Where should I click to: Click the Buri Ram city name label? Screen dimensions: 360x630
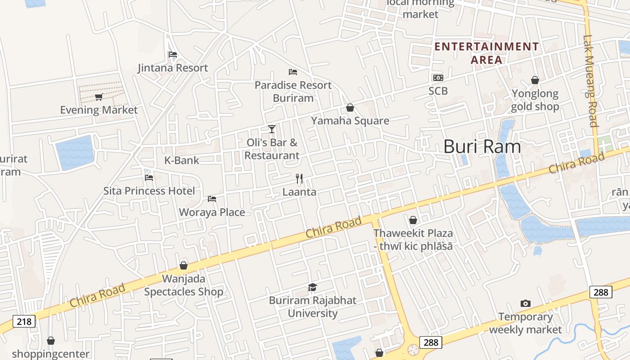click(482, 147)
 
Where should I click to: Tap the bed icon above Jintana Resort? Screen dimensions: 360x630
click(172, 55)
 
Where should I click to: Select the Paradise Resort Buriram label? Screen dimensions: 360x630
click(293, 91)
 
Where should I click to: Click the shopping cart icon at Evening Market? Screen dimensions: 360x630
click(99, 97)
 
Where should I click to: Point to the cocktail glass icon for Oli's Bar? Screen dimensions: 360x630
click(272, 129)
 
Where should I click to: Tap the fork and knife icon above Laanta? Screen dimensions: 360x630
click(299, 179)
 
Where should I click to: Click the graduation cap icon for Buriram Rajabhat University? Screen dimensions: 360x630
click(312, 287)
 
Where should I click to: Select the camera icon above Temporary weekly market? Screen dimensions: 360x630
click(525, 304)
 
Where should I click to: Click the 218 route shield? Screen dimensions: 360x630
click(25, 322)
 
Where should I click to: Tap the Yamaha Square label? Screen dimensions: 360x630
click(350, 121)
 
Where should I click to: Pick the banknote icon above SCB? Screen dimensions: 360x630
click(438, 78)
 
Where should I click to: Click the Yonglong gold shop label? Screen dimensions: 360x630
click(535, 100)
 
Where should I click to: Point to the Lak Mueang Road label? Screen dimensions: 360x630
click(590, 81)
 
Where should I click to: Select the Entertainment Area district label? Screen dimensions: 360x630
click(486, 53)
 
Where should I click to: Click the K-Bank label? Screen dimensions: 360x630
click(181, 160)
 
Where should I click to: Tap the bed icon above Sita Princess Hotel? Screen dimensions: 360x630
click(149, 177)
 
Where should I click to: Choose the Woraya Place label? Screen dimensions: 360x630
click(212, 212)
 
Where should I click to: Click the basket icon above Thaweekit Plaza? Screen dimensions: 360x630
click(413, 220)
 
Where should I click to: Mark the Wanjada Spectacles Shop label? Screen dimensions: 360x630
click(184, 285)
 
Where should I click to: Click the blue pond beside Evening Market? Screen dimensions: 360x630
click(75, 152)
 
